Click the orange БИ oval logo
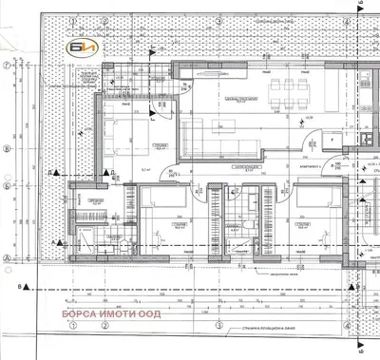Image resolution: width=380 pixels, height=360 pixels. coord(78,45)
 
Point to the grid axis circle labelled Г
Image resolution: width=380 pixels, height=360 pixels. coord(8,66)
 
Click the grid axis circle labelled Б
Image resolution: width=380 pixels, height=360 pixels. coord(8,149)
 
